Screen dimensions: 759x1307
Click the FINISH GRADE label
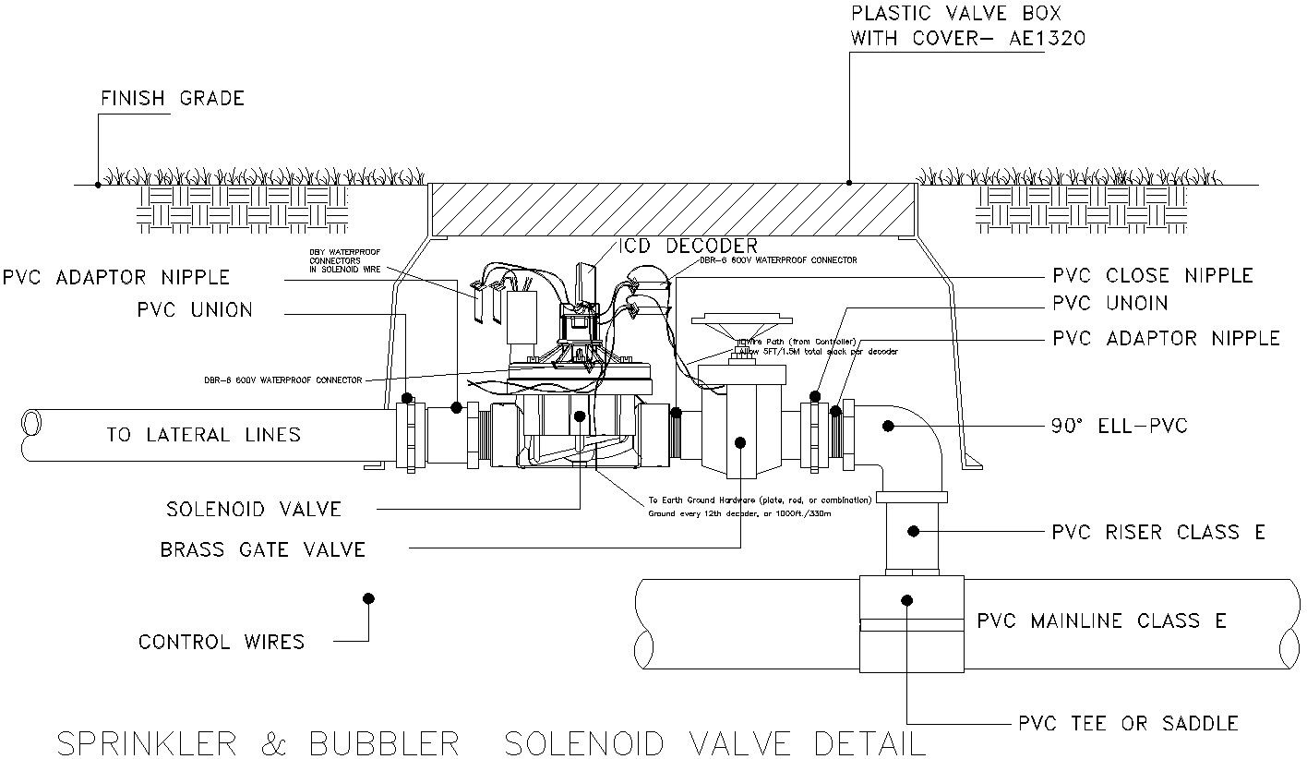click(172, 98)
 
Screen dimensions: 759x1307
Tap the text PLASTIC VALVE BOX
click(955, 14)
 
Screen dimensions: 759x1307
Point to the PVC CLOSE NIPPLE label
click(1153, 275)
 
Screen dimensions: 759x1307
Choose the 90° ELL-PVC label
click(1120, 426)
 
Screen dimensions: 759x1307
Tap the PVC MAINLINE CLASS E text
click(1101, 620)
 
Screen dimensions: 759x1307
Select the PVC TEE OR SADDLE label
click(1128, 723)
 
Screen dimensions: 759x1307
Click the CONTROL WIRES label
click(222, 642)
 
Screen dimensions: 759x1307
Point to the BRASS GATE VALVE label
click(263, 550)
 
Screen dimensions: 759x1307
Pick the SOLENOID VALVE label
click(254, 509)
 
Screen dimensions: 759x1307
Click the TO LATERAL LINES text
click(203, 434)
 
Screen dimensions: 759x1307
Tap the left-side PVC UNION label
click(195, 309)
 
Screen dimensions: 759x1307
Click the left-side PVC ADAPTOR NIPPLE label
click(116, 276)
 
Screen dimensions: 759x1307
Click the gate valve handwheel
click(747, 322)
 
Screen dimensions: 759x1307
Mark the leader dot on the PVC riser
click(913, 531)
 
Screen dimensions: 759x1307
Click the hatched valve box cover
click(672, 209)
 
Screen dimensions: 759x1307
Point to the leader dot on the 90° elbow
click(888, 426)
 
